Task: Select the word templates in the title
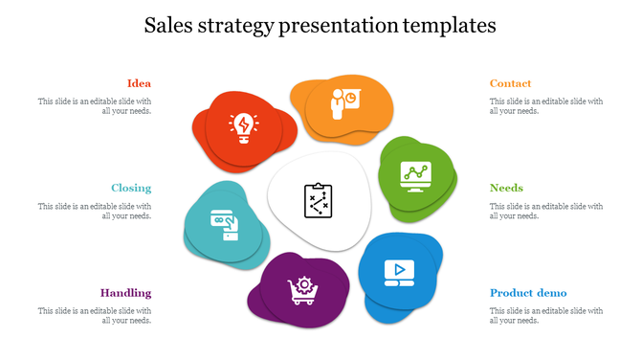451,26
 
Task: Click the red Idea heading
139,83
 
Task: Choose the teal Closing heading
131,188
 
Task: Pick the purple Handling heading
126,293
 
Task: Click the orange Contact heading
510,83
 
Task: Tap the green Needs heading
506,188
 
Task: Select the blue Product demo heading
528,293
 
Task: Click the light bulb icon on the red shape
242,126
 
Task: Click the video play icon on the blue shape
395,272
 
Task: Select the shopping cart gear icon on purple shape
300,290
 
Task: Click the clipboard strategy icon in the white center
317,200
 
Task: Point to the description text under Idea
95,105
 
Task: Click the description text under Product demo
546,315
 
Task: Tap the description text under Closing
95,211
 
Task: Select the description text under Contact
546,105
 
